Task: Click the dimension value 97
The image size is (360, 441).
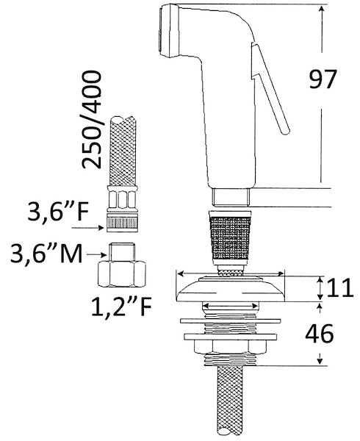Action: (x=323, y=79)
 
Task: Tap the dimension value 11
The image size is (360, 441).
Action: (x=340, y=287)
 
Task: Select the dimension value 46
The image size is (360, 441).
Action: (x=320, y=334)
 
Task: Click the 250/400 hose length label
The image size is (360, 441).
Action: (x=91, y=120)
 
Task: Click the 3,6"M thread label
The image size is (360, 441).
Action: (x=46, y=253)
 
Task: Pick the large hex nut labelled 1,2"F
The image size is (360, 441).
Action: (x=122, y=274)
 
